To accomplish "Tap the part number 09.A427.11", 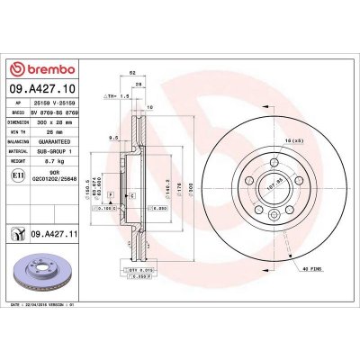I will pos(53,233).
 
